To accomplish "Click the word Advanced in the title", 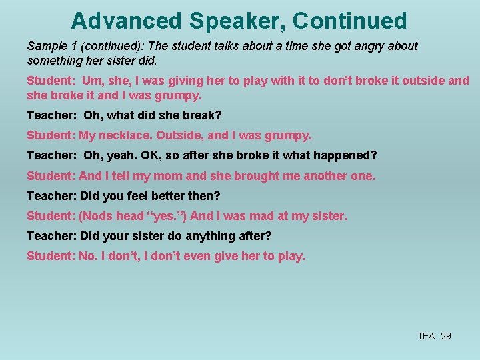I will click(x=126, y=21).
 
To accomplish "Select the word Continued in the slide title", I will click(x=349, y=21).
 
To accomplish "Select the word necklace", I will click(x=126, y=135).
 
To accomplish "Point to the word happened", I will click(x=347, y=155).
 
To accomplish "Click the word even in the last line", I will click(x=199, y=256).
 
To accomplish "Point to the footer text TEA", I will click(x=426, y=336).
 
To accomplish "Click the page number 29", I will click(x=446, y=336).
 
